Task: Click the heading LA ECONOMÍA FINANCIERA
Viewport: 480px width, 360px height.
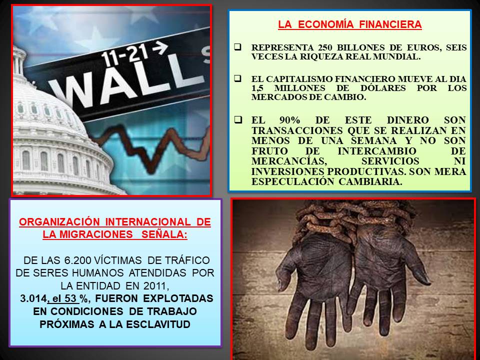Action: (350, 24)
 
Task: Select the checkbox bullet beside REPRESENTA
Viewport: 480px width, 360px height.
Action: (237, 47)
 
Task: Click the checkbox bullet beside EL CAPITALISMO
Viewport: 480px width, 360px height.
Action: (237, 78)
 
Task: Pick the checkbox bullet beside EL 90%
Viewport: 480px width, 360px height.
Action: (238, 119)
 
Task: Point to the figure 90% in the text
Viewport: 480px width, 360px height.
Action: (289, 120)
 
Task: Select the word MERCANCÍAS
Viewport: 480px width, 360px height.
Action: (288, 161)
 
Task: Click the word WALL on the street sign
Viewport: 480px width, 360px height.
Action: (125, 84)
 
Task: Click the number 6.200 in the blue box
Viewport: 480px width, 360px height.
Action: (77, 260)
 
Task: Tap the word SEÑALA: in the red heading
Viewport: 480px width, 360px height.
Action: (164, 234)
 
